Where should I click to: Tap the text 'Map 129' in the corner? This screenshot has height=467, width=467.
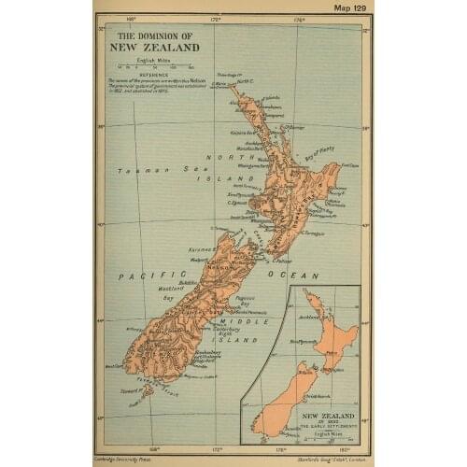point(346,7)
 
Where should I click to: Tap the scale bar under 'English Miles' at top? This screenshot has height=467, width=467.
point(149,67)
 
